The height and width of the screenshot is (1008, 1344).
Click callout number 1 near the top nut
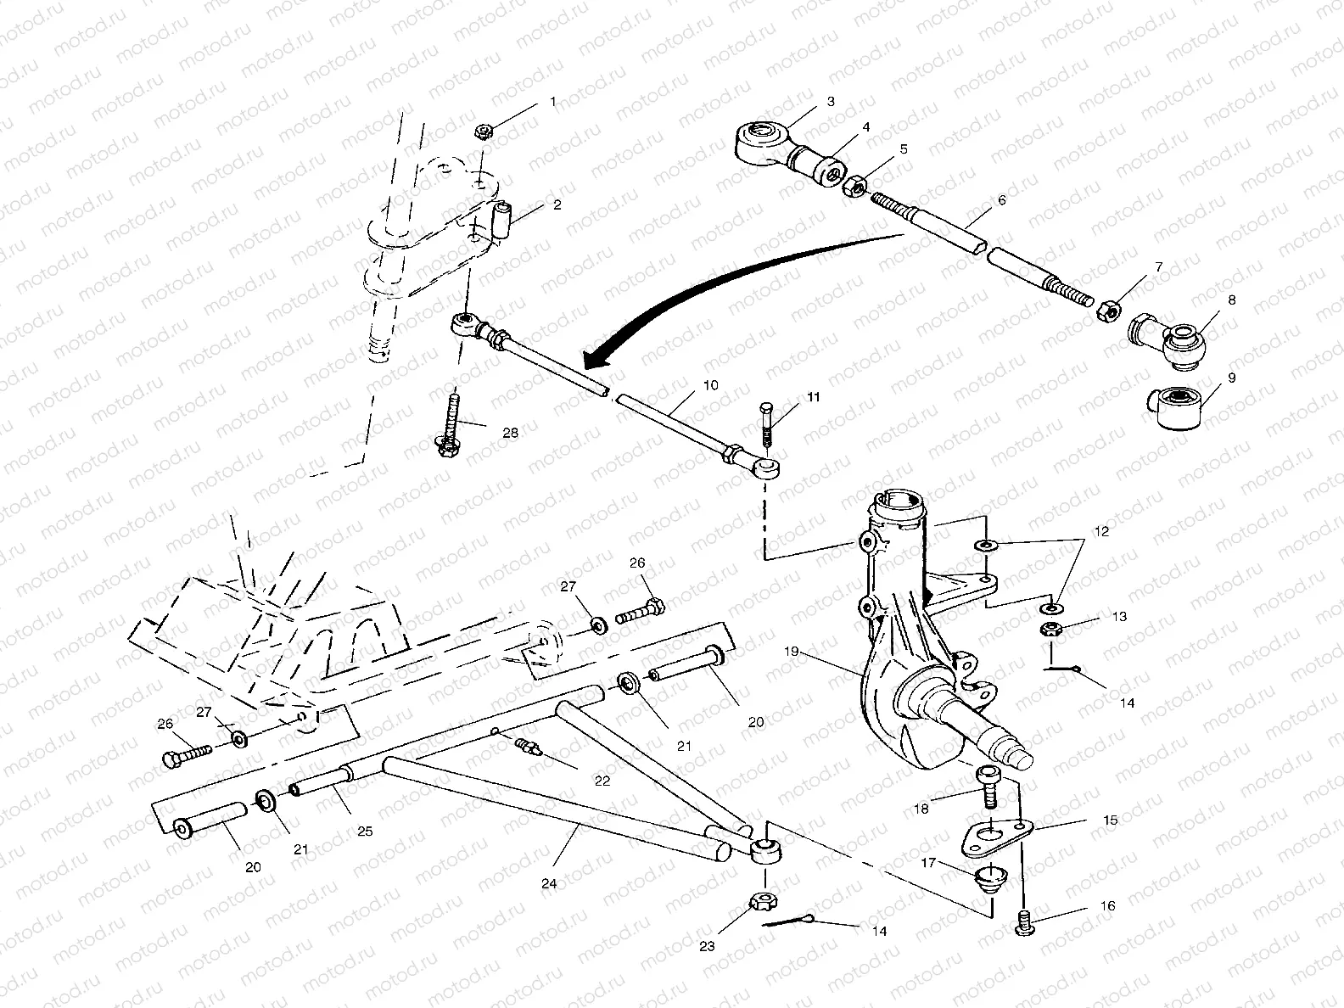553,102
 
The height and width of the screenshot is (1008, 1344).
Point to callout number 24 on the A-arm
549,883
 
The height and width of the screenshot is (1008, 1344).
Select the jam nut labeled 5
855,184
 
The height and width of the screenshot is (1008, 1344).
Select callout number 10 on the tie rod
710,385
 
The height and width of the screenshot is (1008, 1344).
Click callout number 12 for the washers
1101,532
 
